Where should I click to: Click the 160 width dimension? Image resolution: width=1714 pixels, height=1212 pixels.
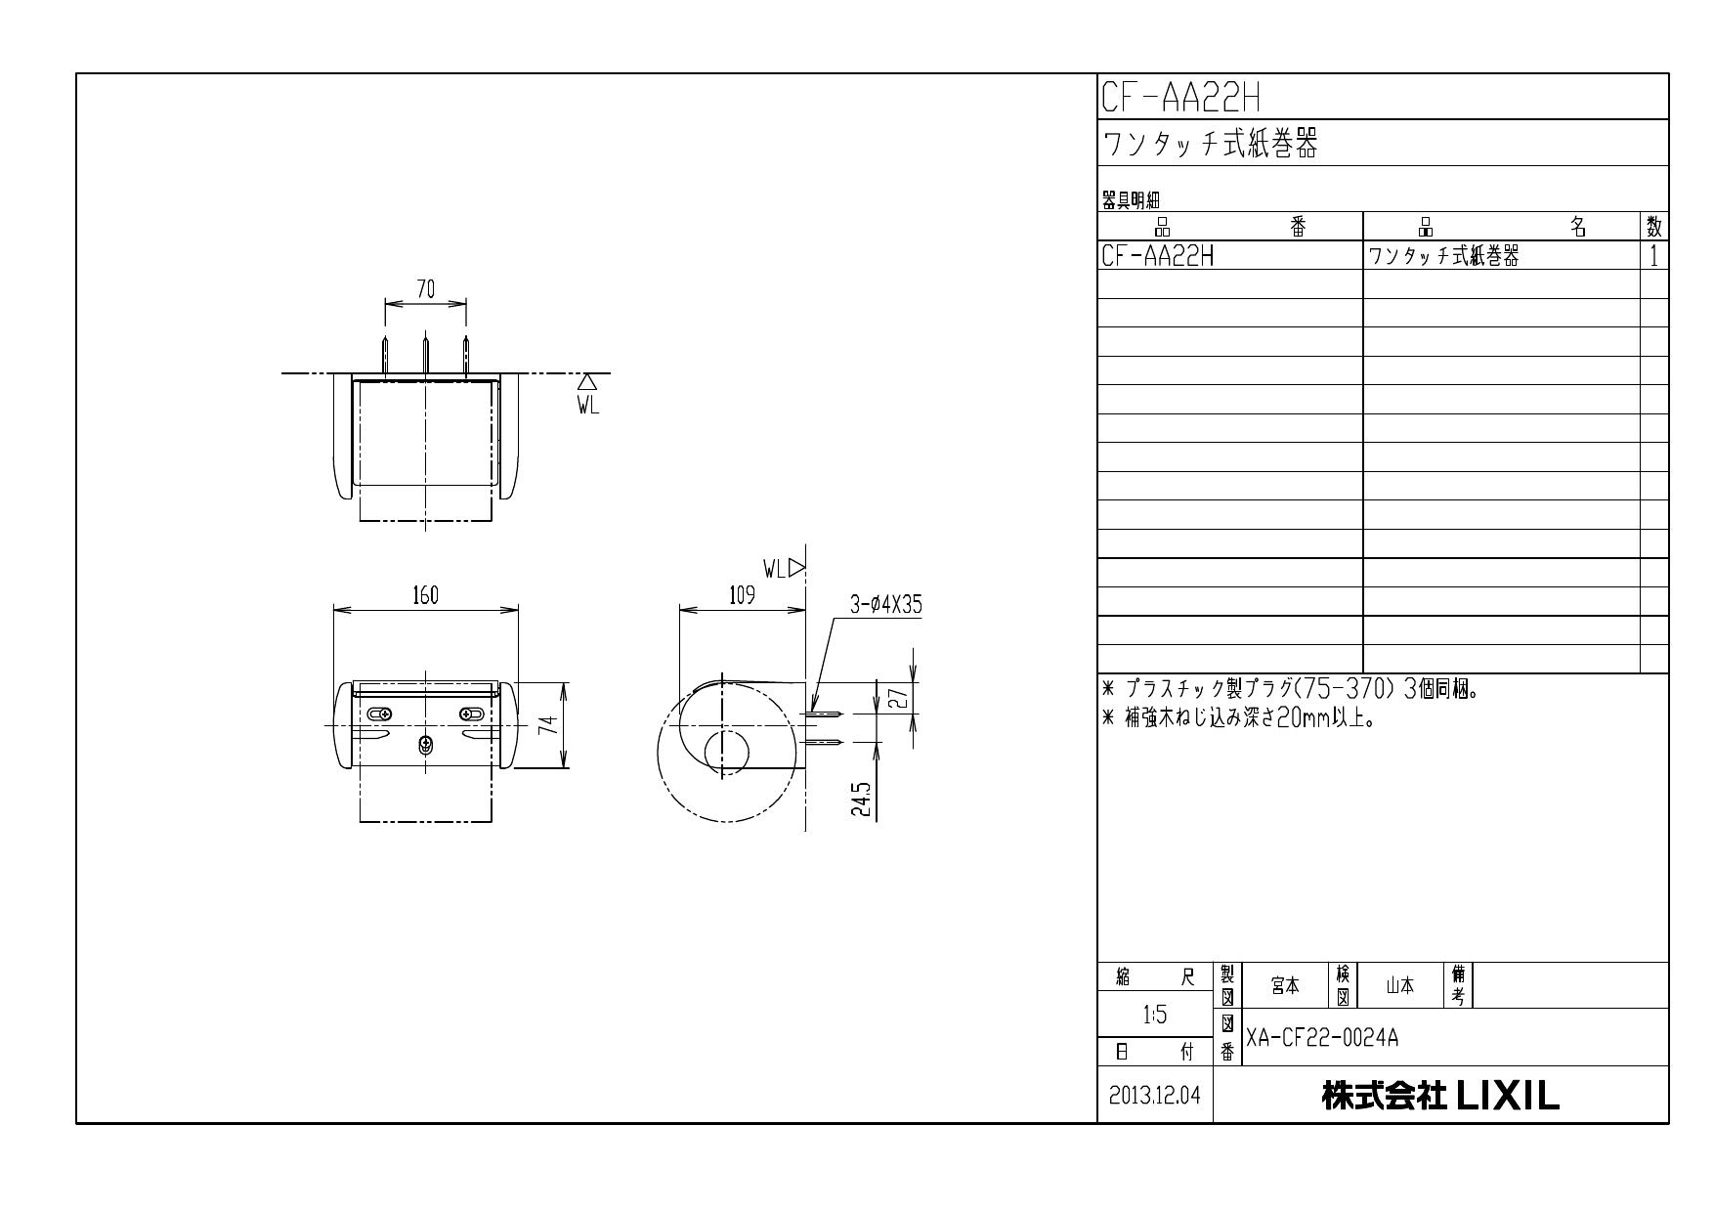(x=425, y=595)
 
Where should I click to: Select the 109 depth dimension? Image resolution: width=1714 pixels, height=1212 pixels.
(x=743, y=595)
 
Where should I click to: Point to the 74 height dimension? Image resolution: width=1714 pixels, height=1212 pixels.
(x=550, y=724)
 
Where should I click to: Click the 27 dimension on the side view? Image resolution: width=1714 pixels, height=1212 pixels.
(x=900, y=697)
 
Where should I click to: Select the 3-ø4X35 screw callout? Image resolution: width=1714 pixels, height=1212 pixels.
(x=885, y=605)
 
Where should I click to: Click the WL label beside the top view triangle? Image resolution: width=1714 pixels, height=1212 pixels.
(x=587, y=406)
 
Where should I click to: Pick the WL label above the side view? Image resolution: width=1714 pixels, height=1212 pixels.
(x=775, y=569)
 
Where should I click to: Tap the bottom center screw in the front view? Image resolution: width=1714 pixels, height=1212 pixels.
(x=425, y=746)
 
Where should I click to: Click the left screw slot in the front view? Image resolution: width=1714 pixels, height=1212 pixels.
(x=379, y=714)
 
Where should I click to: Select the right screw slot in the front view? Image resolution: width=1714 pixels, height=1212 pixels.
(x=471, y=714)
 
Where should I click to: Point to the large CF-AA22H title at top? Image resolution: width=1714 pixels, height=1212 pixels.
(x=1180, y=97)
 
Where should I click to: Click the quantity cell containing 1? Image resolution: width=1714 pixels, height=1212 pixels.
(x=1653, y=256)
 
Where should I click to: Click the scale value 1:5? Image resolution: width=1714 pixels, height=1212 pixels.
(x=1154, y=1015)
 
